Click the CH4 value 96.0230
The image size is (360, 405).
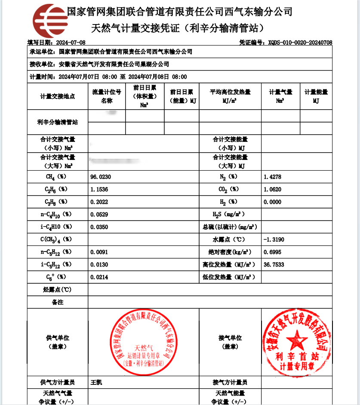click(99, 177)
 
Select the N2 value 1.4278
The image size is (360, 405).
click(272, 177)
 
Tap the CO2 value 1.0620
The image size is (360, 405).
click(272, 189)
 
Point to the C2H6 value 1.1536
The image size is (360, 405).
click(99, 189)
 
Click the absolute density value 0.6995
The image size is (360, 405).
click(272, 252)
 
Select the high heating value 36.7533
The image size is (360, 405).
click(273, 264)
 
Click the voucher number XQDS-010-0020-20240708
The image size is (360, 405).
click(300, 43)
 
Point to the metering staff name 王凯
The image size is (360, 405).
click(96, 382)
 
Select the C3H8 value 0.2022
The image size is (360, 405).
click(99, 202)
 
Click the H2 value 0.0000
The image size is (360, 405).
click(272, 202)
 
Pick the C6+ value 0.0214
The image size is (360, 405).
click(99, 277)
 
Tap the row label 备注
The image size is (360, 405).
click(58, 302)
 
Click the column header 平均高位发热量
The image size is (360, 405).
click(230, 92)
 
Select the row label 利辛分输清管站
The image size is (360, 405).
click(58, 122)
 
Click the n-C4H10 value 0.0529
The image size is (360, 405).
click(99, 214)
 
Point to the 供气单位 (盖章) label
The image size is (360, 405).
click(58, 342)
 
